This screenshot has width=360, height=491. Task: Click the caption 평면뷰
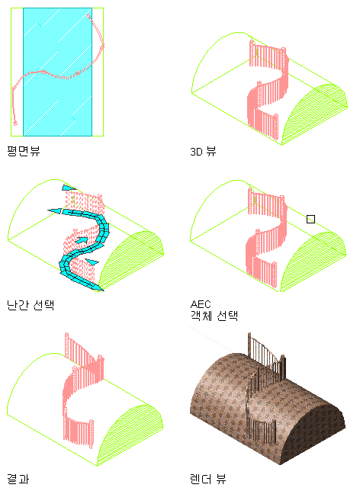pyautogui.click(x=24, y=151)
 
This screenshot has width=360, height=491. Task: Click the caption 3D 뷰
pyautogui.click(x=203, y=152)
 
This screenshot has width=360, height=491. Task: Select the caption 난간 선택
pyautogui.click(x=31, y=305)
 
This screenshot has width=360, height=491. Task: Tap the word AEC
pyautogui.click(x=201, y=304)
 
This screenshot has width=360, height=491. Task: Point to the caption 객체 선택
pyautogui.click(x=214, y=316)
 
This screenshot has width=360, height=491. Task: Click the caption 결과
pyautogui.click(x=18, y=479)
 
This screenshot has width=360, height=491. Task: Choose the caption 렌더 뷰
pyautogui.click(x=207, y=479)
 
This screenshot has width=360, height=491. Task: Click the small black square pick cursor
pyautogui.click(x=310, y=219)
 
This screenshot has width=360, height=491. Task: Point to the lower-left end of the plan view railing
pyautogui.click(x=15, y=124)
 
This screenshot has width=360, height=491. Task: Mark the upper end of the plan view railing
pyautogui.click(x=88, y=16)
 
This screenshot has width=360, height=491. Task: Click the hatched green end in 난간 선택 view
pyautogui.click(x=131, y=261)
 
